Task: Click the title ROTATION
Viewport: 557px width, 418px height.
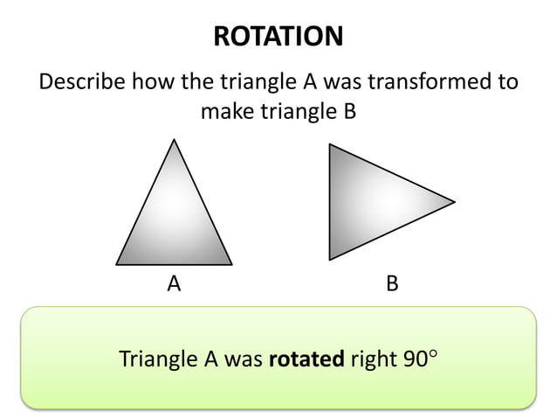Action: [278, 37]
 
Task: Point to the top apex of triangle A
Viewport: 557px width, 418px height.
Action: [174, 139]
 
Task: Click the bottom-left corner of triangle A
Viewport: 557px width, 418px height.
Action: [116, 263]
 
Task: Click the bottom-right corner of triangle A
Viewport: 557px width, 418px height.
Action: [232, 263]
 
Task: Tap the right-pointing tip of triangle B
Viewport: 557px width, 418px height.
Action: [455, 202]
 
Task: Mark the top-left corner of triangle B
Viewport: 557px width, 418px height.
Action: [329, 144]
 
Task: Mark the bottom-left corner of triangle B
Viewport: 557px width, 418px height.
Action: [329, 260]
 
